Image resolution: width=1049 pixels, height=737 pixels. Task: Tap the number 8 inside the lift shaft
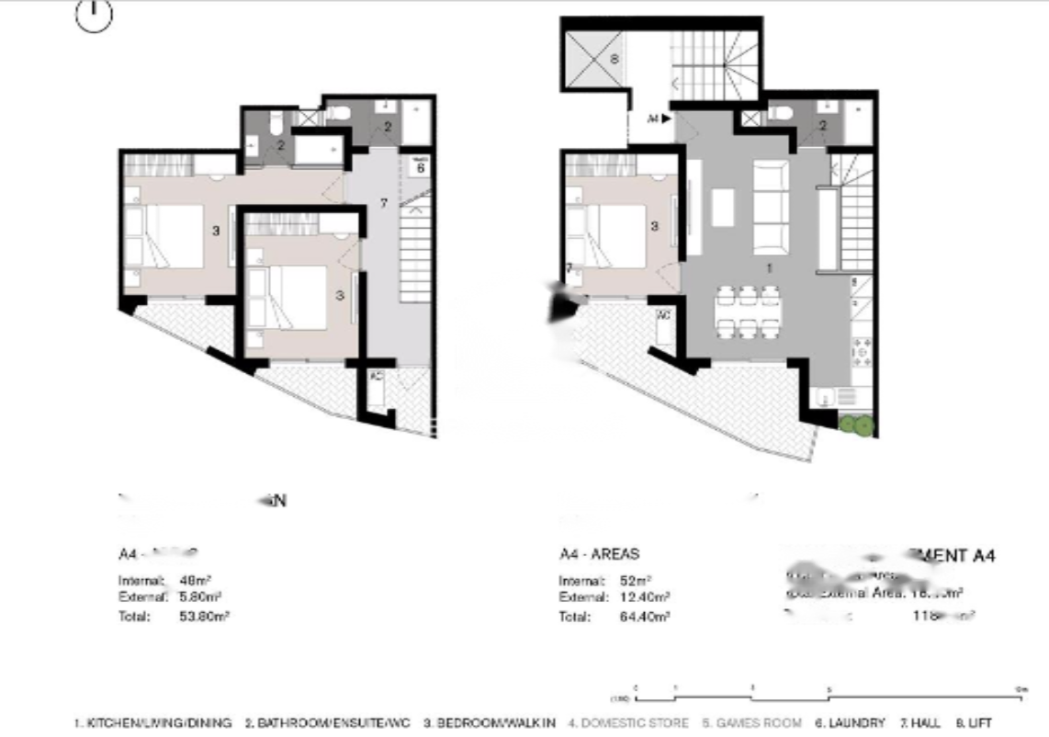615,60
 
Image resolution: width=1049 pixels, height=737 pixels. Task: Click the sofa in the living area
771,207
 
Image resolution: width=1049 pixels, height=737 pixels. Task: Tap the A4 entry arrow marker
659,119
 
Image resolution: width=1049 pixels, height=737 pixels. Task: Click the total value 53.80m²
203,617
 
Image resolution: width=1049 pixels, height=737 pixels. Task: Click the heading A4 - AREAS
599,555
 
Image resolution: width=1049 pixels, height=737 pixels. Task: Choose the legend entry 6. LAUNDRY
851,723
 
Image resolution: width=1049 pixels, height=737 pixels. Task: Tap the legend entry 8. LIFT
975,723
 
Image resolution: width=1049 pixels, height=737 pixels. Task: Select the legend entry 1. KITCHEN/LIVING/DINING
153,723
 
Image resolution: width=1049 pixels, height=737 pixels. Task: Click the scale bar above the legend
827,690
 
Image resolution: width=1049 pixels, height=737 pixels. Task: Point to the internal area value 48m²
190,581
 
